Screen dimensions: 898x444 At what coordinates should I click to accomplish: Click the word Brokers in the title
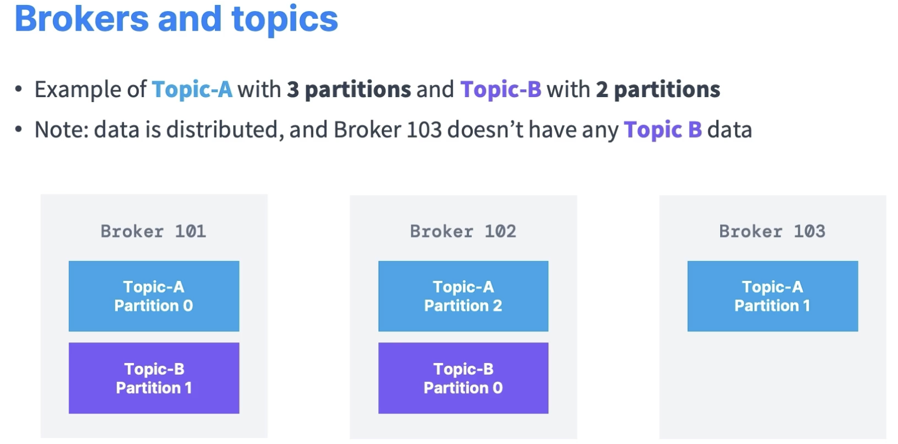coord(82,19)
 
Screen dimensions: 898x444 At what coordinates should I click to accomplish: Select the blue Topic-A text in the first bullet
coord(192,89)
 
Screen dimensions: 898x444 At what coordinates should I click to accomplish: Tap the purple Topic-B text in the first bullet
coord(501,89)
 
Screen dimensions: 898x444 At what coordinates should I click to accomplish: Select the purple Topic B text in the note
coord(663,130)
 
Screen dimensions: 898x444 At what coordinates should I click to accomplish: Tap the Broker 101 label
coord(153,231)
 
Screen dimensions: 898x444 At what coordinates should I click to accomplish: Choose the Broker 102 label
coord(463,231)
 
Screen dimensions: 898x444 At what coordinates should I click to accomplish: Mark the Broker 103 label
coord(772,231)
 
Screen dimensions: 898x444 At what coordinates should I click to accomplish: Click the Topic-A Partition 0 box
coord(154,296)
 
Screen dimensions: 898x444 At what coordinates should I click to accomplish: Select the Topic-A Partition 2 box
coord(463,296)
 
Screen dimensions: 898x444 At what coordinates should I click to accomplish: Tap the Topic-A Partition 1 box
coord(772,296)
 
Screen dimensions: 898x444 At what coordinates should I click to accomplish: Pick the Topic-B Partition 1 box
coord(154,378)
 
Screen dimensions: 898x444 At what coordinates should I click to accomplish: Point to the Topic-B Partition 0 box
coord(463,378)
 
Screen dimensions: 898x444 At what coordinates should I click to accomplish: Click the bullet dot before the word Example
coord(18,89)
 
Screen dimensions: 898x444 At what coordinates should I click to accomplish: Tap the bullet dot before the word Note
coord(18,129)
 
